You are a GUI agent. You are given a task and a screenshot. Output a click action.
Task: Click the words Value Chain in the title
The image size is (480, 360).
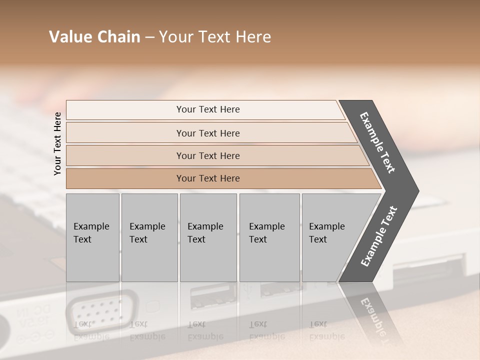click(x=94, y=37)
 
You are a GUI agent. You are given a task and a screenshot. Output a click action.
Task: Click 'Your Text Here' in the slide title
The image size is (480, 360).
click(x=215, y=37)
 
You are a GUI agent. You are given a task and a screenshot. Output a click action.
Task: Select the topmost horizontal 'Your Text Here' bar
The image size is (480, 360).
click(x=208, y=109)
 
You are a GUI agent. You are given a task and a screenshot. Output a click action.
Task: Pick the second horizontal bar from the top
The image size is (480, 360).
click(x=208, y=133)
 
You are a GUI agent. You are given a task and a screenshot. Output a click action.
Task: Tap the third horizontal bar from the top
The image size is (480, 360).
click(x=208, y=155)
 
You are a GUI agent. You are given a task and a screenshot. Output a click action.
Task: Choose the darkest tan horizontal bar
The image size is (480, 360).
click(x=208, y=178)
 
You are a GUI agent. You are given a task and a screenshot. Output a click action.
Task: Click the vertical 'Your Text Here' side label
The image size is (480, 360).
click(x=57, y=143)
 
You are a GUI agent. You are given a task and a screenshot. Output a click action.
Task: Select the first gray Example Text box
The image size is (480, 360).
click(x=92, y=237)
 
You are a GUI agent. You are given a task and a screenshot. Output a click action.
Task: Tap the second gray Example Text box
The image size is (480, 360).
click(x=149, y=237)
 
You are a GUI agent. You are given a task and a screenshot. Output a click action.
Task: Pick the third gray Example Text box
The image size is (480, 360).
click(x=208, y=237)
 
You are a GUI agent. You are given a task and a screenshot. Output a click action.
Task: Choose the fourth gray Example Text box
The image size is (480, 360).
click(x=269, y=237)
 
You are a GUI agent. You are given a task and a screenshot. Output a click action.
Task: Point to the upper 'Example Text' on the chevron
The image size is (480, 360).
click(x=377, y=142)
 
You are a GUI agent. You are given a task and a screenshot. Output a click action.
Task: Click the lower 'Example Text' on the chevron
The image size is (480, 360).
click(x=378, y=236)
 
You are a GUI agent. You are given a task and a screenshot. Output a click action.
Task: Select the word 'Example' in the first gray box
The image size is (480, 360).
click(x=91, y=226)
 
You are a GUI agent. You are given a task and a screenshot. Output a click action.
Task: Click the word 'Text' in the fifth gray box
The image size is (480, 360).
click(x=318, y=239)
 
